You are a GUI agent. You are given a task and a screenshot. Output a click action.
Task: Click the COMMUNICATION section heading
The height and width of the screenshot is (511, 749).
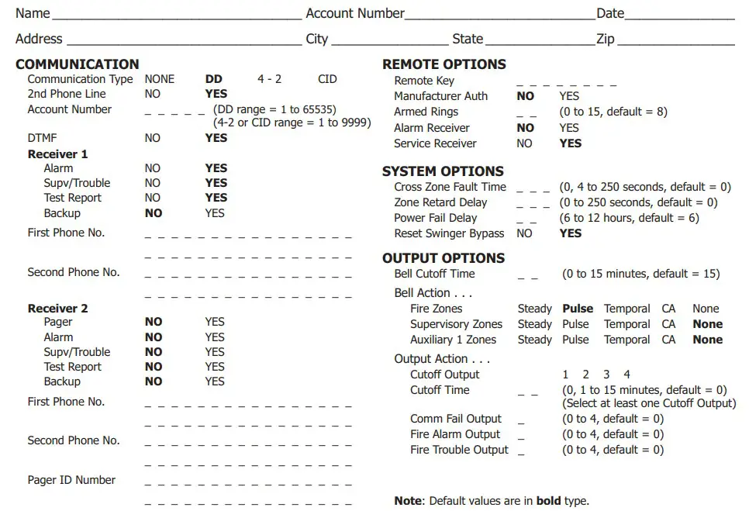(x=77, y=64)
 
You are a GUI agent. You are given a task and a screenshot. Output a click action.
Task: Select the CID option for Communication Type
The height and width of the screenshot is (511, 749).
(x=327, y=79)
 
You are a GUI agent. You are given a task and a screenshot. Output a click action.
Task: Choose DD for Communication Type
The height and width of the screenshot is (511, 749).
(x=213, y=79)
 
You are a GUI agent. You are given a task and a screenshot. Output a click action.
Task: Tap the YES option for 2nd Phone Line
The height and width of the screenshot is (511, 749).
(x=216, y=94)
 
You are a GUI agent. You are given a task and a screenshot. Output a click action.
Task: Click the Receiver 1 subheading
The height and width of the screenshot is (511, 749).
(x=57, y=154)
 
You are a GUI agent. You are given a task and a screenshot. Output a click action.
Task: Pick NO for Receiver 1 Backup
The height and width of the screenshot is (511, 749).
(x=154, y=213)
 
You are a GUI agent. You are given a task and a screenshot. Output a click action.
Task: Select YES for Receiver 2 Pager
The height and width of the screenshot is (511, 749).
(x=215, y=322)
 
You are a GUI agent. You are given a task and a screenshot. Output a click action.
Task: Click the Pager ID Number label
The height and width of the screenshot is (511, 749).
(x=71, y=480)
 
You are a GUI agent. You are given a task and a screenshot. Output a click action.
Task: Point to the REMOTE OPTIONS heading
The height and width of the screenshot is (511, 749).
(x=444, y=64)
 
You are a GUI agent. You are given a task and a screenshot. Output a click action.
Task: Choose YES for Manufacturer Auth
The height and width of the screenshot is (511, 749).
(x=569, y=96)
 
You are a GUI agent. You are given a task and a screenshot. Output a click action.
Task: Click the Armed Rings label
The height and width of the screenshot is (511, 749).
(x=426, y=112)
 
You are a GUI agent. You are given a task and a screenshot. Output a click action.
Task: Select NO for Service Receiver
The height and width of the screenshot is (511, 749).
(x=525, y=143)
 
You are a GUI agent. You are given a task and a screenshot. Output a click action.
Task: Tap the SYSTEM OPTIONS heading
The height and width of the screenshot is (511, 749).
(x=443, y=171)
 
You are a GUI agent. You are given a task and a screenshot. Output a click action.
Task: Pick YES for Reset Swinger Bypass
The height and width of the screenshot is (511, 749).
(x=570, y=233)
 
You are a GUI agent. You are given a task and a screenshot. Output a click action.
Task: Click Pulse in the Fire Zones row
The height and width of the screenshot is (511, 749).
(x=578, y=309)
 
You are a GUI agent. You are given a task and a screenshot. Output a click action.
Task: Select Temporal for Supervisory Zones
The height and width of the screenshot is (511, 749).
(x=626, y=324)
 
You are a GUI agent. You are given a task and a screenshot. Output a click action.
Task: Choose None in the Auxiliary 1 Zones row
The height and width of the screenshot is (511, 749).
(x=707, y=340)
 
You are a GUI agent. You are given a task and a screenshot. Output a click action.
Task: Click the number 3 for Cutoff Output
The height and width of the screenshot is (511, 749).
(x=606, y=375)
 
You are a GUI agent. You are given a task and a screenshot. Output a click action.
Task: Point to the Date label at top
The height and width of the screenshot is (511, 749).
(x=610, y=13)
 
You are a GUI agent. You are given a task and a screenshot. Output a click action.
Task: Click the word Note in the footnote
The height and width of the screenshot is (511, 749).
(x=408, y=501)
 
